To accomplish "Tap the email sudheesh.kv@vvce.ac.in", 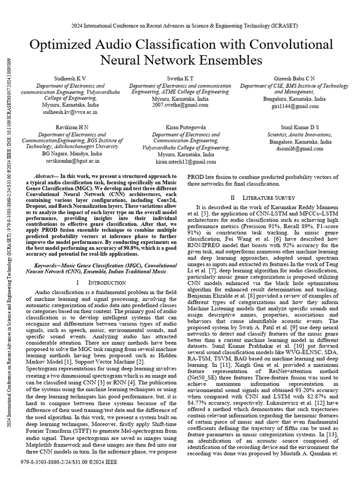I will click(70, 113).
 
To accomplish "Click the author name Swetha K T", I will click(180, 78).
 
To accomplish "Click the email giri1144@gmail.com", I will click(294, 106).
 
